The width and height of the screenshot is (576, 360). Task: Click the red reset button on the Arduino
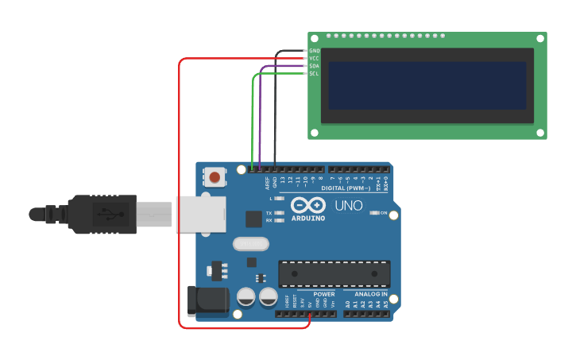[x=215, y=176]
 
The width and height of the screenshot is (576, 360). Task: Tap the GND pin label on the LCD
[x=314, y=51]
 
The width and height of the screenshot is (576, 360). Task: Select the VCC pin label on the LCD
[x=314, y=58]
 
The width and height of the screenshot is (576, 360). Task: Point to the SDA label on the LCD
[x=314, y=66]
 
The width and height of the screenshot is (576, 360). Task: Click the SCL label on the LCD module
[x=314, y=73]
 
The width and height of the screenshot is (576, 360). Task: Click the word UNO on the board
[x=348, y=206]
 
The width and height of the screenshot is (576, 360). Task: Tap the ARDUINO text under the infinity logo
[x=307, y=218]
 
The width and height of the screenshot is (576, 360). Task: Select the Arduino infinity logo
[x=307, y=205]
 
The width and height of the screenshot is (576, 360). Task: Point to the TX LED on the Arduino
[x=279, y=213]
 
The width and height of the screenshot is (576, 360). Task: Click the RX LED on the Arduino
[x=279, y=220]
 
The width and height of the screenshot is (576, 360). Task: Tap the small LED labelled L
[x=279, y=197]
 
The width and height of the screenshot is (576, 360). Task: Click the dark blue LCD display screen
[x=427, y=86]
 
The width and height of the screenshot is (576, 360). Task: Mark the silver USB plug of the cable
[x=155, y=215]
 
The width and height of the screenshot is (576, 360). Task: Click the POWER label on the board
[x=324, y=294]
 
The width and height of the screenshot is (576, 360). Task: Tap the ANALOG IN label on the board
[x=365, y=294]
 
